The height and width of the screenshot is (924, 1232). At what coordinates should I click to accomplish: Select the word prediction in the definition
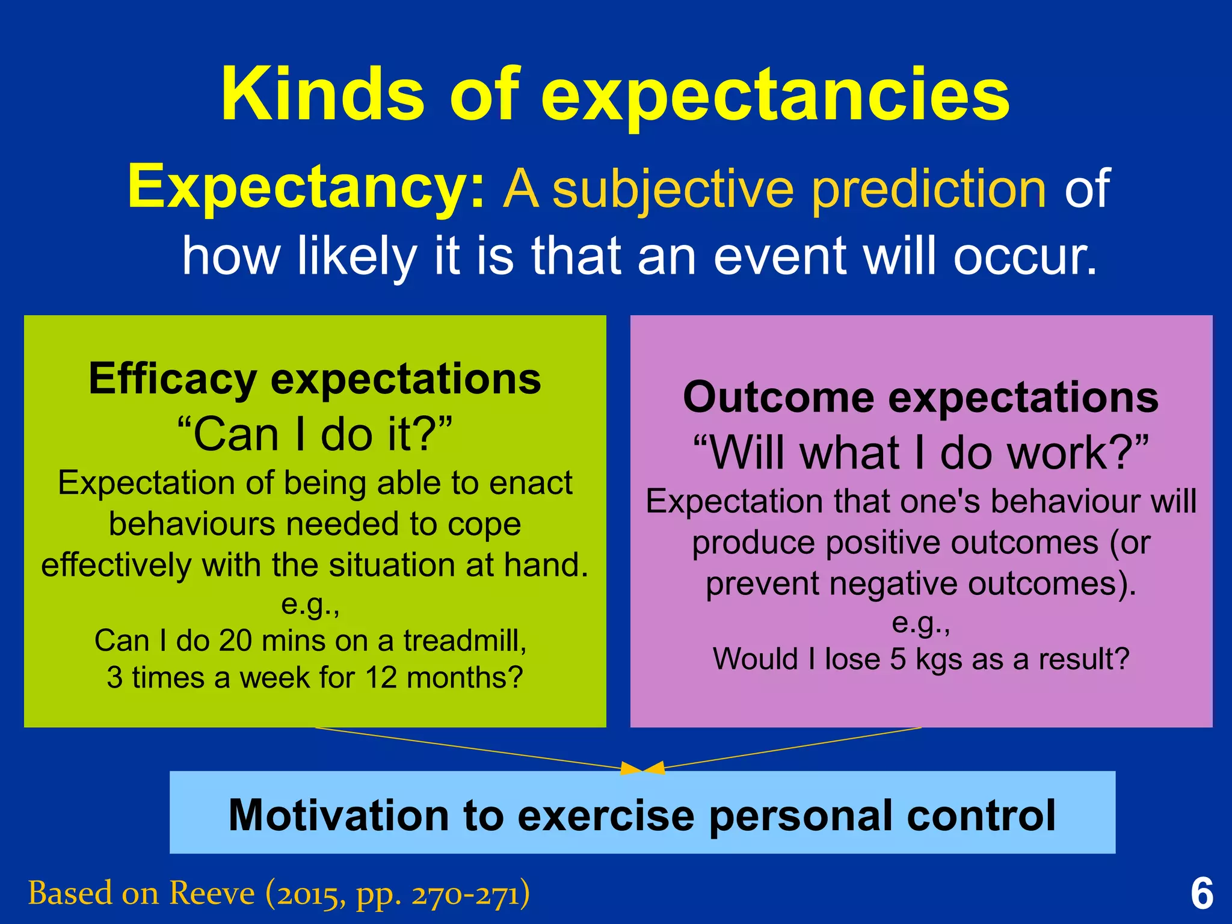[x=929, y=190]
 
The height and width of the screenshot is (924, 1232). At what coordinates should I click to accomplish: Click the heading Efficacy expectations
[x=315, y=379]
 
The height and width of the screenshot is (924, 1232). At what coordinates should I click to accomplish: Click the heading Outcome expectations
[x=920, y=398]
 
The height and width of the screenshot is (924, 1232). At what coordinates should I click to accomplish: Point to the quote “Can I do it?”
[x=315, y=434]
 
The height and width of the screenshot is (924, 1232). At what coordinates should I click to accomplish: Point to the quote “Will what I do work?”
[x=920, y=453]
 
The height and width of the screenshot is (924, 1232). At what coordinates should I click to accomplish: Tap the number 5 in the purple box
[x=898, y=659]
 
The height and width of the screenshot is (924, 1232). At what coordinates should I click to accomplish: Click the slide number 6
[x=1201, y=894]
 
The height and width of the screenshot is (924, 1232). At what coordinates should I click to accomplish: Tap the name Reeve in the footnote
[x=212, y=893]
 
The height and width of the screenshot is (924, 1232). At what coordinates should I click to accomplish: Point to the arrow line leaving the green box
[x=469, y=749]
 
